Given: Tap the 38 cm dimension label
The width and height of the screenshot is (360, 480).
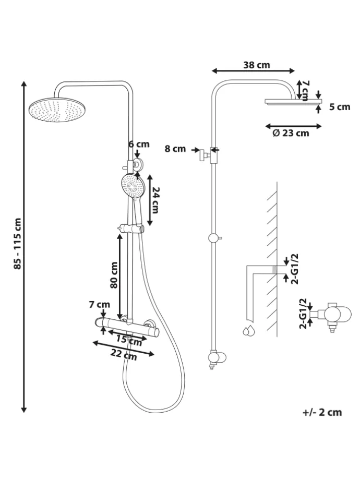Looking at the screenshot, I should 256,65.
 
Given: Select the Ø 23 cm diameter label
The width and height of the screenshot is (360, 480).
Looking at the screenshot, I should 291,133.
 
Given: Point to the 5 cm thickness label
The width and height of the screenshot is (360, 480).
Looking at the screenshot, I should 340,107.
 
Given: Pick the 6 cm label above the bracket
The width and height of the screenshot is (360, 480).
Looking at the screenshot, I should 139,144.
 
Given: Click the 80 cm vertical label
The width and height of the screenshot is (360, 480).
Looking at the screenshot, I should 114,275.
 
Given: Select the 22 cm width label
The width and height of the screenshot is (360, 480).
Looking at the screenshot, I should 124,356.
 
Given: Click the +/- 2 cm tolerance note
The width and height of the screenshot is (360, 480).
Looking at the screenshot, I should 322,412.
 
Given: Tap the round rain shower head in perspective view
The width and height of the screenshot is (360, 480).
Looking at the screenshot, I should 57,110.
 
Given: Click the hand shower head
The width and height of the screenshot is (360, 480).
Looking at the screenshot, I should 131,186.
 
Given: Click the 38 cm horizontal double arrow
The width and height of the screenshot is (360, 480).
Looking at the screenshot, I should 254,71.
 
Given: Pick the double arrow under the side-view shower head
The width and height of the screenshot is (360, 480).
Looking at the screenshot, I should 293,125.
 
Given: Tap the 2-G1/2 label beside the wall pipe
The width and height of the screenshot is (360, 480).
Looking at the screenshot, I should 295,268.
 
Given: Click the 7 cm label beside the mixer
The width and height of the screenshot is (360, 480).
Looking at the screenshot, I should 99,305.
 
